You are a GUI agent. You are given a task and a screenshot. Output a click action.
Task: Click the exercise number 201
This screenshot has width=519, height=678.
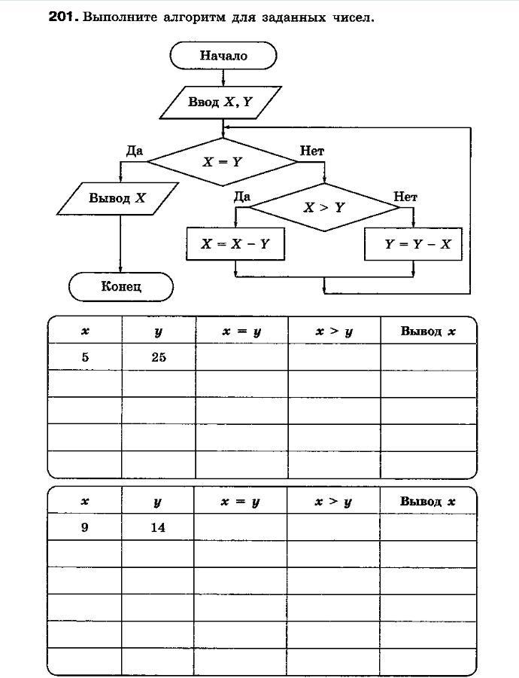[x=62, y=16]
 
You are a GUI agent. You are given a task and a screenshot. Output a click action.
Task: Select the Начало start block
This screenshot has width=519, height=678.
[x=223, y=55]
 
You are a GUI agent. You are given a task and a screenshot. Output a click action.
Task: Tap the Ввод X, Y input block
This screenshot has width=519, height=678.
[x=220, y=102]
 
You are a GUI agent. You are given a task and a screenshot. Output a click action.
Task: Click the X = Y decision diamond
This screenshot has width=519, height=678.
[x=223, y=161]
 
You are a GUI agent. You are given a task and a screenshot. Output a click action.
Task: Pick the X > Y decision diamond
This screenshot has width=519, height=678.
[x=323, y=206]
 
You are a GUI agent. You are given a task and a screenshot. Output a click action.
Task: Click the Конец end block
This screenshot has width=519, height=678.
[x=121, y=286]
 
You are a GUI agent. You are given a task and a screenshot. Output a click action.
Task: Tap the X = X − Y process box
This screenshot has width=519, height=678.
[x=235, y=244]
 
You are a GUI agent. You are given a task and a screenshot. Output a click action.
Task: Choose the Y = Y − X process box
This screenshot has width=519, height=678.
[x=412, y=244]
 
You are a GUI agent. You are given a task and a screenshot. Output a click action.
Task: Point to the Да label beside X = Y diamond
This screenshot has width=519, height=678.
[x=135, y=151]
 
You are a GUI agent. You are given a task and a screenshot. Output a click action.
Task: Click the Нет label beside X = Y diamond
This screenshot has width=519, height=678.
[x=312, y=151]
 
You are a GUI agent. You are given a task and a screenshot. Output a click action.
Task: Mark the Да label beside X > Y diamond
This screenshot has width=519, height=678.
[x=241, y=197]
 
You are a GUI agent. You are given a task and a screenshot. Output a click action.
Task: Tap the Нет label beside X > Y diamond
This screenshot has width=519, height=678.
[x=405, y=197]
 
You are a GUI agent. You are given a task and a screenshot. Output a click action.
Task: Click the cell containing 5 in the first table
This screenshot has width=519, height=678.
[x=85, y=357]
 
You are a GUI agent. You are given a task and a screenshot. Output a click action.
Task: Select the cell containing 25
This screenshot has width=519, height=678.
[x=158, y=357]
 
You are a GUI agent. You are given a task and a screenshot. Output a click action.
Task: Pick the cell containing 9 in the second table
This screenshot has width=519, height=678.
[x=84, y=527]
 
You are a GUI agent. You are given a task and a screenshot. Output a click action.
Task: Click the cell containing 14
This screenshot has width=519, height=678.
[x=157, y=527]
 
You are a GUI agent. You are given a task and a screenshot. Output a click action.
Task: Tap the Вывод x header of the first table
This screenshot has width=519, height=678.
[x=428, y=331]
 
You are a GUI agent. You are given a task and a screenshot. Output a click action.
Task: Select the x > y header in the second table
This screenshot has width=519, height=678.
[x=333, y=502]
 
